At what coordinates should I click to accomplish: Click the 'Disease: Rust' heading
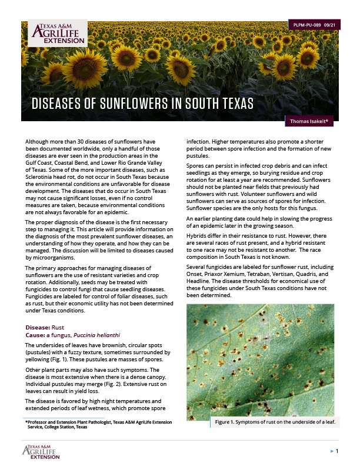click(x=45, y=327)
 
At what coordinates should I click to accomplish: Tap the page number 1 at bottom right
click(x=336, y=451)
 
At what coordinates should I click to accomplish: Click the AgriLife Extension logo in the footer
click(x=41, y=451)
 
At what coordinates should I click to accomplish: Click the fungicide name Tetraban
click(x=261, y=274)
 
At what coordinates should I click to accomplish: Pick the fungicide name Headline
click(x=201, y=281)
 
